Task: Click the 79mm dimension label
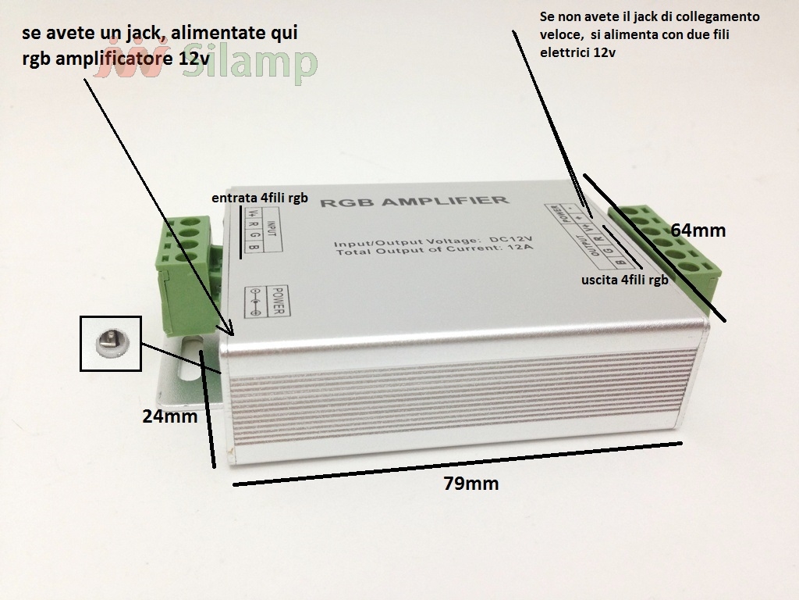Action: [x=471, y=484]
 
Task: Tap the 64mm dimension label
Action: [x=698, y=230]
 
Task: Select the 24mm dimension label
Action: [x=170, y=416]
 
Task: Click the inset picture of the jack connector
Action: [x=111, y=342]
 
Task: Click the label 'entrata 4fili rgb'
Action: [x=260, y=199]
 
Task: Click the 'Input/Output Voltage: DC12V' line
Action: [x=432, y=238]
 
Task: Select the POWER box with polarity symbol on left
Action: [x=266, y=300]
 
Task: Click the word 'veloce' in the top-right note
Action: [x=559, y=35]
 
